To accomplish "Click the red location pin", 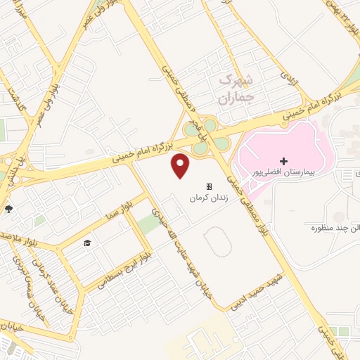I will click(x=181, y=165).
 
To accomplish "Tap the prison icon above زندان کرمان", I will click(x=209, y=186).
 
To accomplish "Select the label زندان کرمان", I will click(x=209, y=198).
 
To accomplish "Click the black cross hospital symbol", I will click(x=284, y=161).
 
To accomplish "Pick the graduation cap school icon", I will click(x=87, y=243).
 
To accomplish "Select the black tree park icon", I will click(x=8, y=209).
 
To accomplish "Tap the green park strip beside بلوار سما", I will click(x=148, y=224).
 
